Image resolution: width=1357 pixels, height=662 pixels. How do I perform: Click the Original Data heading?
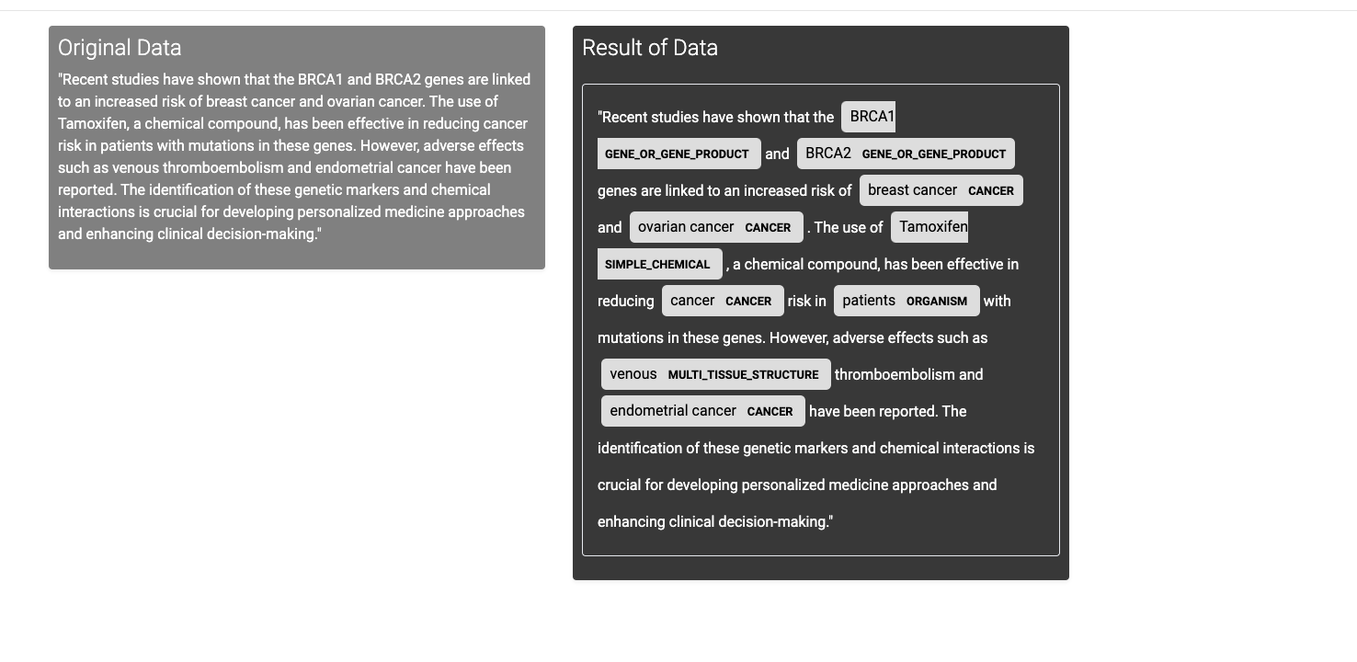click(x=120, y=48)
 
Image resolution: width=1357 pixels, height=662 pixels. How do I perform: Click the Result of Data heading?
click(x=649, y=48)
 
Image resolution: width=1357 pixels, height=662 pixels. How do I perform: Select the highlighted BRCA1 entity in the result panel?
click(x=871, y=117)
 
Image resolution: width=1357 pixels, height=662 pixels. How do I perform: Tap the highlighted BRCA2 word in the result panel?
click(x=827, y=154)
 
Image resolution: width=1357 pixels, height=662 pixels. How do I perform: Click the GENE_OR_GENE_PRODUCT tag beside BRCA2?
click(x=933, y=154)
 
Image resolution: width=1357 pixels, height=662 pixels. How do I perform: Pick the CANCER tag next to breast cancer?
click(x=990, y=191)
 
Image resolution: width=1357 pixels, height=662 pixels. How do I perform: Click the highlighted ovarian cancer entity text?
click(x=685, y=227)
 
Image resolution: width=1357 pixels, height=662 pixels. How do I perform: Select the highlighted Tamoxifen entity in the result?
click(x=932, y=227)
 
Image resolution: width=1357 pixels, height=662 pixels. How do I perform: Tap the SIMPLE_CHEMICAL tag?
click(x=657, y=265)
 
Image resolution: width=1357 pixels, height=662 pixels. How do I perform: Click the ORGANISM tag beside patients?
click(x=936, y=302)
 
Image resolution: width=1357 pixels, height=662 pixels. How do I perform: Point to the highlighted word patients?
click(x=868, y=301)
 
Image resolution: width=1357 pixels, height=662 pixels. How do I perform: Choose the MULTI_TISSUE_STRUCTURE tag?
click(x=743, y=375)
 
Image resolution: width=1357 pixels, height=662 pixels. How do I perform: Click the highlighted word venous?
click(x=633, y=374)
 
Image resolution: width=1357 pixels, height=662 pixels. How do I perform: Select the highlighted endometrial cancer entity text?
click(x=672, y=411)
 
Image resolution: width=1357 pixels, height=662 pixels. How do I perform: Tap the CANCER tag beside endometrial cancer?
click(x=770, y=412)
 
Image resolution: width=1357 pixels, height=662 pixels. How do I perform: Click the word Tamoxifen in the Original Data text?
click(x=91, y=124)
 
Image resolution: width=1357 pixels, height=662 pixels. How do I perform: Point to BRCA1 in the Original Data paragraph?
click(x=320, y=80)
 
